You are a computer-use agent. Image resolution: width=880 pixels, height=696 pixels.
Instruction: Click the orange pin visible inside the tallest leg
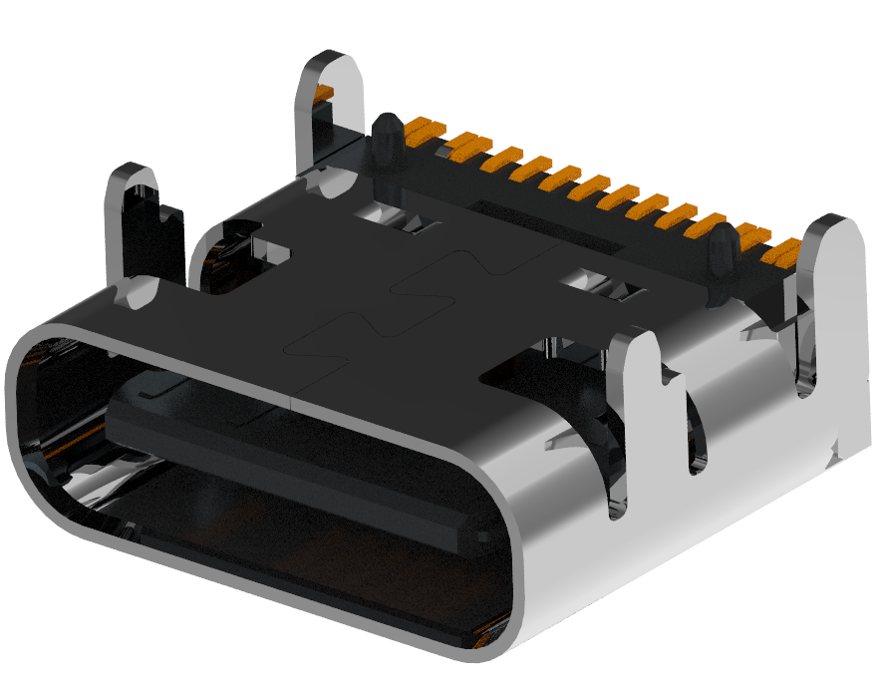point(322,95)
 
